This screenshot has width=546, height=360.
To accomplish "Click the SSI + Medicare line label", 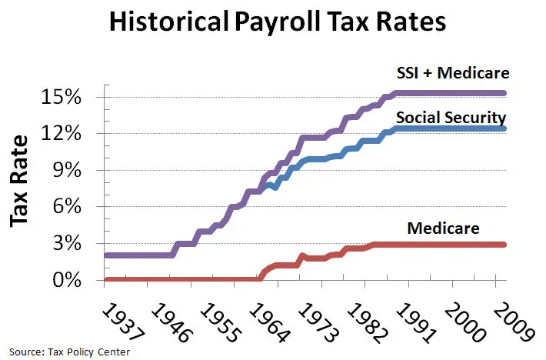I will [x=454, y=74].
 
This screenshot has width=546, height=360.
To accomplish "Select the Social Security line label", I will [x=450, y=118].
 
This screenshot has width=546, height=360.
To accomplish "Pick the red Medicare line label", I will [x=443, y=228].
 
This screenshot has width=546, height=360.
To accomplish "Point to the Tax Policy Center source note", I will [x=71, y=350].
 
